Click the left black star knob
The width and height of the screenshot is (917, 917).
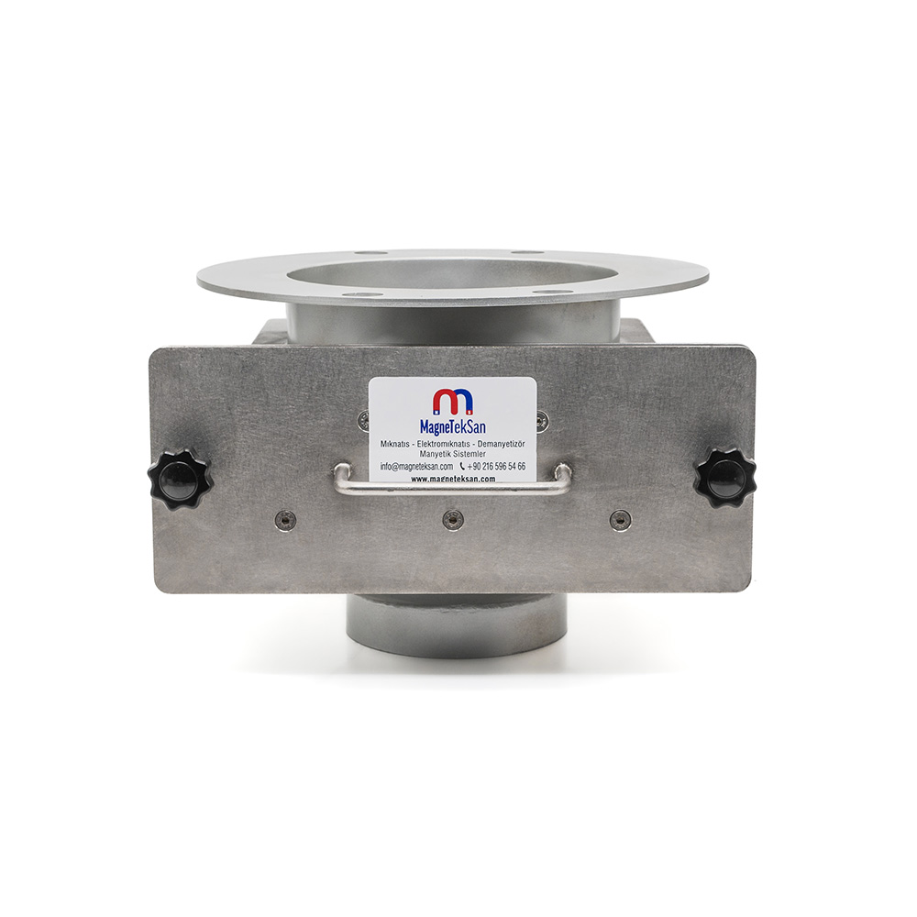pos(180,479)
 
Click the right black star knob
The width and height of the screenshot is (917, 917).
pos(724,478)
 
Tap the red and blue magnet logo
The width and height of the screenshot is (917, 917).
pos(453,402)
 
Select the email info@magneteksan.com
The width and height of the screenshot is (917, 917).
pos(417,466)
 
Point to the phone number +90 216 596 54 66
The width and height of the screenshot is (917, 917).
pos(496,466)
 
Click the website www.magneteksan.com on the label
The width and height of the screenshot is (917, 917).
pos(453,479)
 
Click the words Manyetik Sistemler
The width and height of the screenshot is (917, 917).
pos(453,454)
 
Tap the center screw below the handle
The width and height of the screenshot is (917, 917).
pos(453,519)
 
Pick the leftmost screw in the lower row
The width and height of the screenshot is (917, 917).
pos(285,519)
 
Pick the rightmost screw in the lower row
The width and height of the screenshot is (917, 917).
pos(620,519)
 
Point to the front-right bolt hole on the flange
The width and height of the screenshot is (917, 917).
pos(553,292)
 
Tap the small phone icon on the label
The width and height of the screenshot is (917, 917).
pos(463,466)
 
